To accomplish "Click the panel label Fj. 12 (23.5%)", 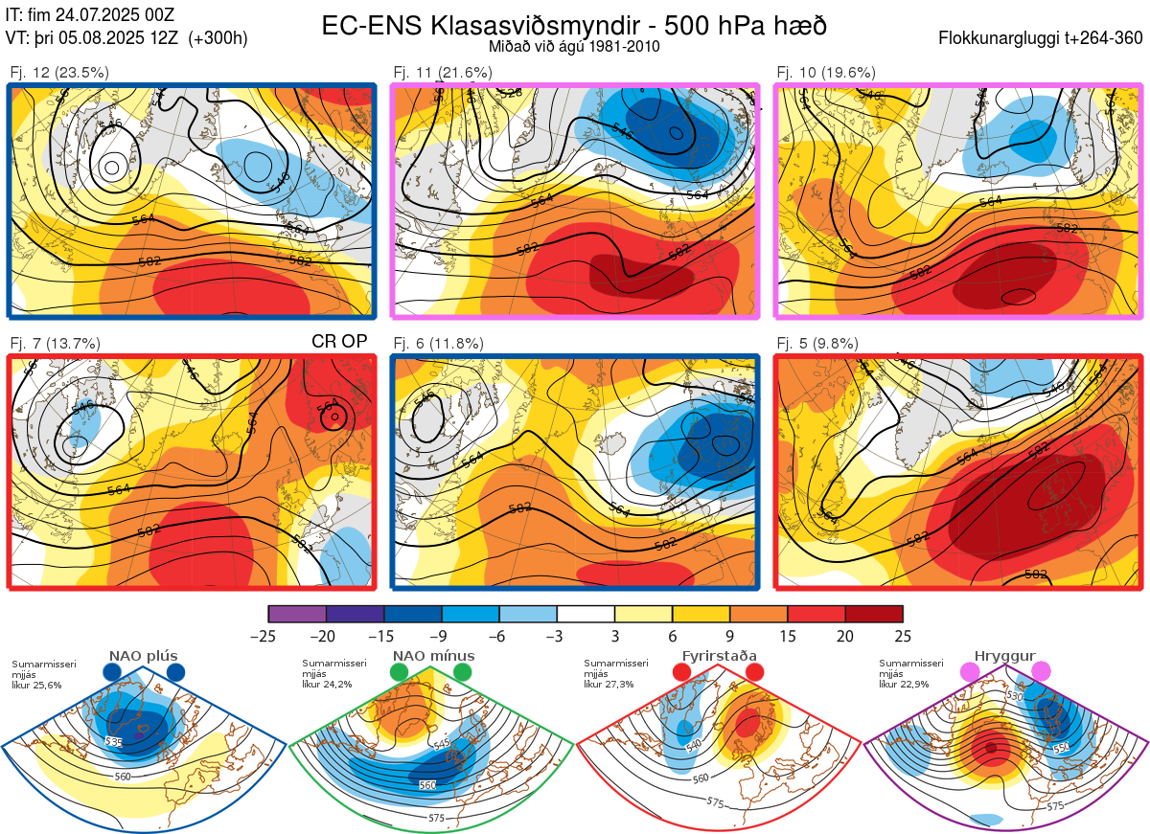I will tap(58, 72).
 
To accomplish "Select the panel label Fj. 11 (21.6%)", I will tap(443, 72).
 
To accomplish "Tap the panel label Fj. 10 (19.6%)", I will tap(826, 72).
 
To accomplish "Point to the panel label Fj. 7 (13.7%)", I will tap(55, 343).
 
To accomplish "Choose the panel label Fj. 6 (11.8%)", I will tap(439, 343).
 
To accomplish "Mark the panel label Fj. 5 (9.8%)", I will tap(817, 343).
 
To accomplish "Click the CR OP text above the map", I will tap(339, 341).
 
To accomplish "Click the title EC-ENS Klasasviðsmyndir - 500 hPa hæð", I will tap(574, 26).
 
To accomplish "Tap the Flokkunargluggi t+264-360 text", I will tap(1044, 38).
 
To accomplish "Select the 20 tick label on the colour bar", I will tap(845, 636).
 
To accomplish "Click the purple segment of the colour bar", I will tap(297, 614).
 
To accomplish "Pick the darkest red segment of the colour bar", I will tap(874, 614).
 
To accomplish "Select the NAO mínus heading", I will tap(433, 656).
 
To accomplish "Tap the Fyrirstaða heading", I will tap(719, 656).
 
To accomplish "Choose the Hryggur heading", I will tap(1004, 656).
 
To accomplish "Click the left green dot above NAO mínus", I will tap(400, 673).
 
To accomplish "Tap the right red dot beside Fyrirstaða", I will tap(754, 673).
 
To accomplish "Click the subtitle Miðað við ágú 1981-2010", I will tap(574, 46).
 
